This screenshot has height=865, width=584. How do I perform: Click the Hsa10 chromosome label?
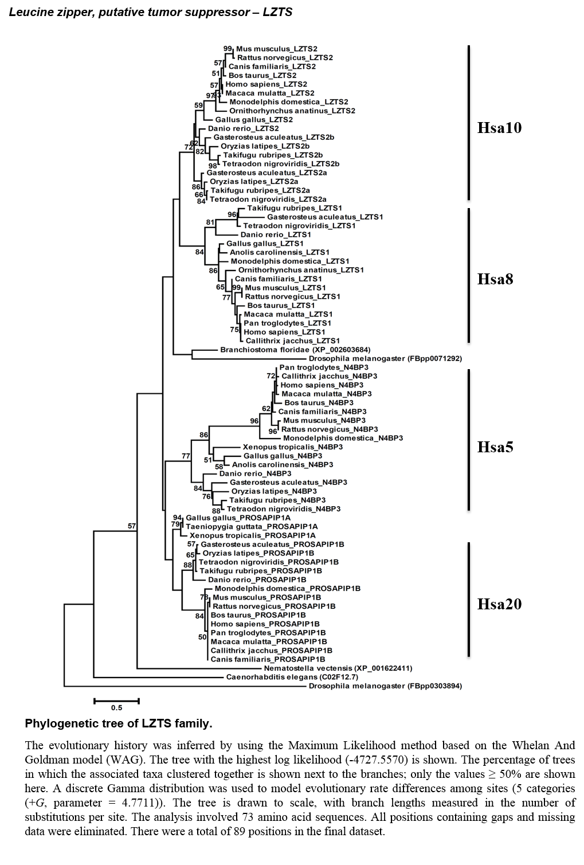click(499, 128)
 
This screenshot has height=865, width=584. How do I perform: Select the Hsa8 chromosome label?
click(495, 279)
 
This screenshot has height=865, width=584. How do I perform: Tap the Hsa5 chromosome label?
click(495, 447)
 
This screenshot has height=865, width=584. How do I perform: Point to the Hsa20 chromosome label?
click(499, 604)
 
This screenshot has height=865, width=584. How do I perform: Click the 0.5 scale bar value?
click(116, 708)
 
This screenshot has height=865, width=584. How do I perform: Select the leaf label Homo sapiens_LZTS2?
click(266, 84)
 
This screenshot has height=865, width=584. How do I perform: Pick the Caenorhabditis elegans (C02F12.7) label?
click(292, 677)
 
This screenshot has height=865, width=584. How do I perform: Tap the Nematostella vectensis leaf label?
click(338, 668)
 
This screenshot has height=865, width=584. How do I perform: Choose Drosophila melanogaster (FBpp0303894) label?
click(385, 686)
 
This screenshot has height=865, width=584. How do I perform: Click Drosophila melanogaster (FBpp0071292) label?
click(385, 359)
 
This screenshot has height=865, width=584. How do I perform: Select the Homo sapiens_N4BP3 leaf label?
click(322, 385)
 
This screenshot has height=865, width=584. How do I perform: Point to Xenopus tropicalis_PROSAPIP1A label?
click(252, 535)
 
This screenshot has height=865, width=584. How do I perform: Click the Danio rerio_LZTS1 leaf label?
click(276, 235)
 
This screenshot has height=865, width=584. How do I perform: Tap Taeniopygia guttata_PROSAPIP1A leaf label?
click(252, 527)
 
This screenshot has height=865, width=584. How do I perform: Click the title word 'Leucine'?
click(26, 13)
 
